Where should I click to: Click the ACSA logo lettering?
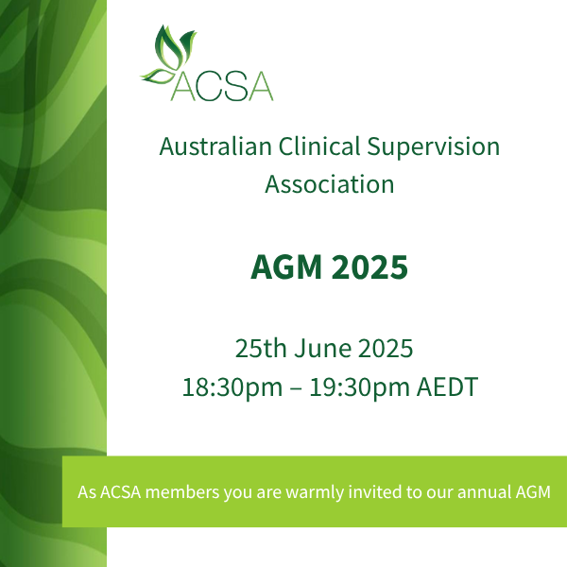pyautogui.click(x=222, y=86)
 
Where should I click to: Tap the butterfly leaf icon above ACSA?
pyautogui.click(x=169, y=54)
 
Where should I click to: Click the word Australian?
pyautogui.click(x=215, y=146)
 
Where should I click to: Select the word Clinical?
pyautogui.click(x=319, y=146)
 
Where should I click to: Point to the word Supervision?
pyautogui.click(x=433, y=146)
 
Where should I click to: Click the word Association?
pyautogui.click(x=330, y=184)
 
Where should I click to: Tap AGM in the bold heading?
pyautogui.click(x=286, y=266)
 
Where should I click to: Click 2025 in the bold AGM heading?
pyautogui.click(x=369, y=266)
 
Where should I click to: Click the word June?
pyautogui.click(x=322, y=348)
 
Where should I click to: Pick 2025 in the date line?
pyautogui.click(x=386, y=348)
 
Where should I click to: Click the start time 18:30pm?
pyautogui.click(x=232, y=387)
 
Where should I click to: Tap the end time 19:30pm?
pyautogui.click(x=359, y=387)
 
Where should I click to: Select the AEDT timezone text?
pyautogui.click(x=447, y=387)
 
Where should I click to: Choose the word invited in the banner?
pyautogui.click(x=374, y=492)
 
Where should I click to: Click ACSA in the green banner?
pyautogui.click(x=120, y=492)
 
